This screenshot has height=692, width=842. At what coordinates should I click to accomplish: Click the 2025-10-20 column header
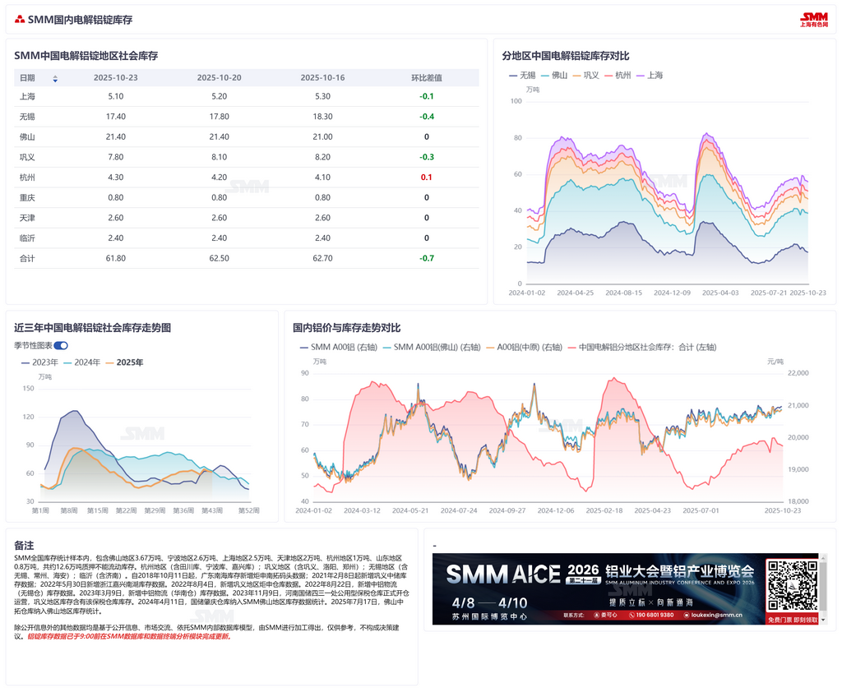pos(219,78)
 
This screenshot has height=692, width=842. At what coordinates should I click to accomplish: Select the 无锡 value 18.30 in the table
pos(322,117)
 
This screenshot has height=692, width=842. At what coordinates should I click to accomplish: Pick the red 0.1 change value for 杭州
pos(426,178)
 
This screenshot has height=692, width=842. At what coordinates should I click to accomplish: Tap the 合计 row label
pos(26,258)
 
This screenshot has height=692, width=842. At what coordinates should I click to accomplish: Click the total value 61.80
pos(116,258)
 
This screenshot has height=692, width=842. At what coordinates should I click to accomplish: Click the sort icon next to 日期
pos(55,79)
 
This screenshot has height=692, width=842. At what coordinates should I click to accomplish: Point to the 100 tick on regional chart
pos(516,101)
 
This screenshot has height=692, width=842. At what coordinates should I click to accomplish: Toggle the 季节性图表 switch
pos(61,346)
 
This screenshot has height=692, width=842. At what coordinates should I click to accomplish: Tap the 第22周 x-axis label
pos(126,510)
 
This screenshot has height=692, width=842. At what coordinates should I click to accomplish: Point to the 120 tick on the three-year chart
pos(29,417)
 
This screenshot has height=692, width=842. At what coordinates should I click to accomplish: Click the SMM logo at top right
pos(814,20)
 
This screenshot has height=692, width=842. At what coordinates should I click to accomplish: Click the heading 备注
pos(24,545)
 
